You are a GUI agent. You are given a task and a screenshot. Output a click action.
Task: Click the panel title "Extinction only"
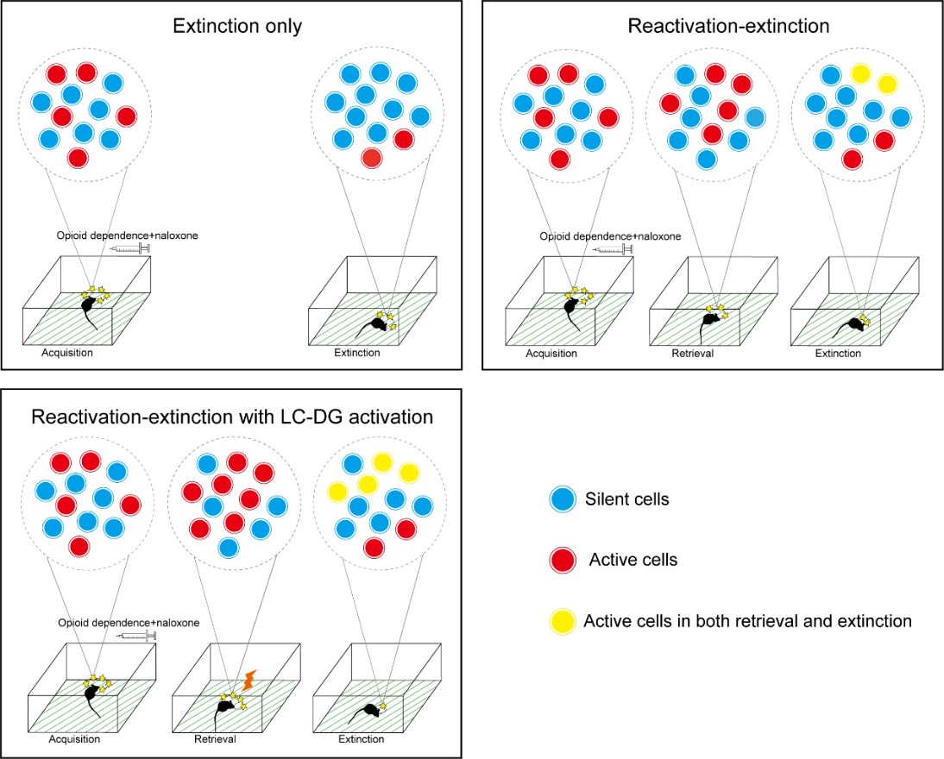coord(237,26)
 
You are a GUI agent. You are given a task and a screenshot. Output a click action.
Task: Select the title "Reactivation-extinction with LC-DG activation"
coord(232,417)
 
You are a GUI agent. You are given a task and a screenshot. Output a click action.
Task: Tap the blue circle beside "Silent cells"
coord(562,499)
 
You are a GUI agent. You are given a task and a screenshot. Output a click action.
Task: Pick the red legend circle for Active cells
coord(562,560)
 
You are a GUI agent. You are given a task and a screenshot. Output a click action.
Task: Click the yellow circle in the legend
coord(562,620)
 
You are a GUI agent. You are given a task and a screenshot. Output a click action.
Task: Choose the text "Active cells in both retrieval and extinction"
coord(747,620)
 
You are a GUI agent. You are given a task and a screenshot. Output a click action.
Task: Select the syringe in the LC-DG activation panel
coord(135,637)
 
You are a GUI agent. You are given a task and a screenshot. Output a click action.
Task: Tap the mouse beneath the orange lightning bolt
coord(227,708)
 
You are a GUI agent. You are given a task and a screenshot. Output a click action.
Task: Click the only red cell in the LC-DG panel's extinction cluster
coord(374,548)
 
